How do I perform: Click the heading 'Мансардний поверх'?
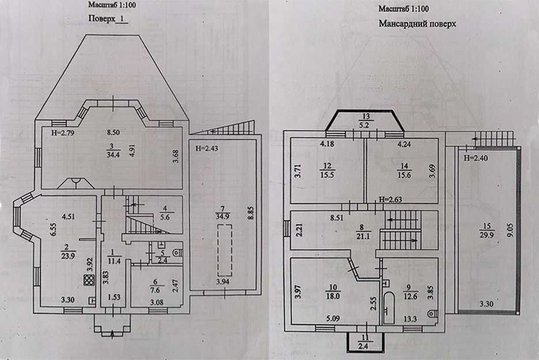click(417, 24)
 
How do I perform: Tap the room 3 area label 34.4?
click(113, 154)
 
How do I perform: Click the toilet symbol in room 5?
click(178, 252)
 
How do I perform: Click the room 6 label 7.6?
click(155, 290)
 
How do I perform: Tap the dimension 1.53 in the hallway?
click(114, 297)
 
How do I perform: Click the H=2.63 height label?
click(390, 199)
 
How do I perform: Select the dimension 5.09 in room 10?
click(333, 318)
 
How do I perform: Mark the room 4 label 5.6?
click(165, 217)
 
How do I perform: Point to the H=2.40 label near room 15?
click(475, 158)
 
